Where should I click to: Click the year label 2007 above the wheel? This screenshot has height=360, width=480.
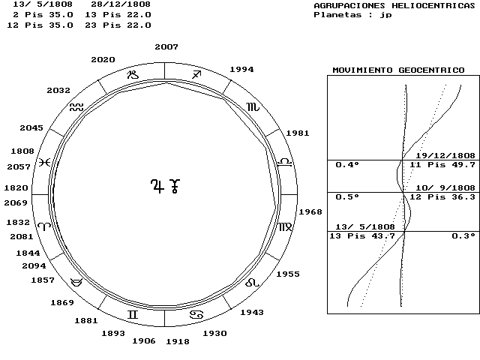[x=166, y=46]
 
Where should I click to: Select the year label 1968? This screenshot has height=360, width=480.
[x=310, y=211]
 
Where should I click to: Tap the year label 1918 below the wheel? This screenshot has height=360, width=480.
[x=178, y=341]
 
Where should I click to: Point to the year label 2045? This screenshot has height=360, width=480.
[x=31, y=127]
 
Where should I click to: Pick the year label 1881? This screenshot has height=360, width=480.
[x=86, y=320]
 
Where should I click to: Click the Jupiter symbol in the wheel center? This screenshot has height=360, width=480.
[x=157, y=186]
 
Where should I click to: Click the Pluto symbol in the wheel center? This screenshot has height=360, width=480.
[x=175, y=186]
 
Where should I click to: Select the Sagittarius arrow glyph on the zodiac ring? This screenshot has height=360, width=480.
[x=196, y=74]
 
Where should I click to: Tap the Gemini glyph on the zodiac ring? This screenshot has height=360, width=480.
[x=133, y=314]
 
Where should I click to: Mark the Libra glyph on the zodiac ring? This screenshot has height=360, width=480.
[x=285, y=162]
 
